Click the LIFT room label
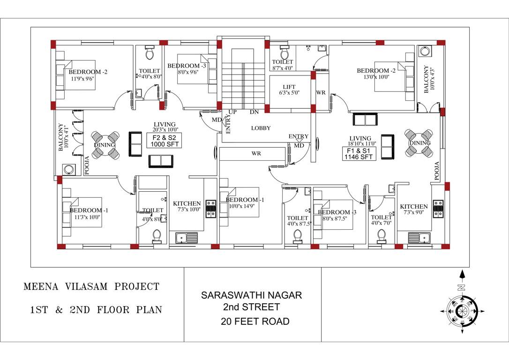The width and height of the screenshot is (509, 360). click(289, 87)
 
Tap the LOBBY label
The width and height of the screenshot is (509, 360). click(261, 128)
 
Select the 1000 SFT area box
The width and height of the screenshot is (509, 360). click(164, 141)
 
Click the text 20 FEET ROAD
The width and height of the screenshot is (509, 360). click(255, 322)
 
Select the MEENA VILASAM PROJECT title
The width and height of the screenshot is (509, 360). click(91, 286)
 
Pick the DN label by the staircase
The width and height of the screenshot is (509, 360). click(255, 112)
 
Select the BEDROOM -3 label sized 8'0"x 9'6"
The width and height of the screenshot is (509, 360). click(187, 66)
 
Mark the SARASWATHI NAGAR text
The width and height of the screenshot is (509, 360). click(252, 296)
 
